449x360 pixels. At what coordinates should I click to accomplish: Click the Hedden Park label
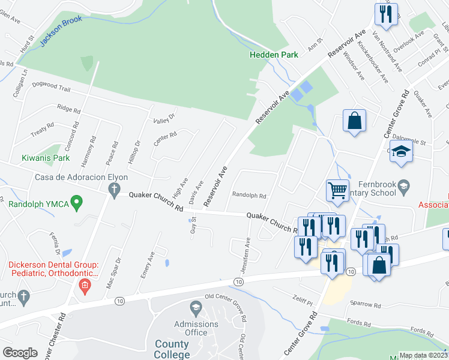click(x=274, y=55)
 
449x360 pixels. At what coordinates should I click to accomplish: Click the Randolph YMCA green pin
click(x=76, y=203)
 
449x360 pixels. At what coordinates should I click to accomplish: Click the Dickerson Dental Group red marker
click(x=85, y=284)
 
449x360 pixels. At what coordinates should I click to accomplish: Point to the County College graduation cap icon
click(x=195, y=309)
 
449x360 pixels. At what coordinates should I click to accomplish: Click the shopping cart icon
click(x=337, y=191)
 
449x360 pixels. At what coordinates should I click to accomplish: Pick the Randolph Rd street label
click(x=249, y=196)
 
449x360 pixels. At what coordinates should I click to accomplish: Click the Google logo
click(x=20, y=353)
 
